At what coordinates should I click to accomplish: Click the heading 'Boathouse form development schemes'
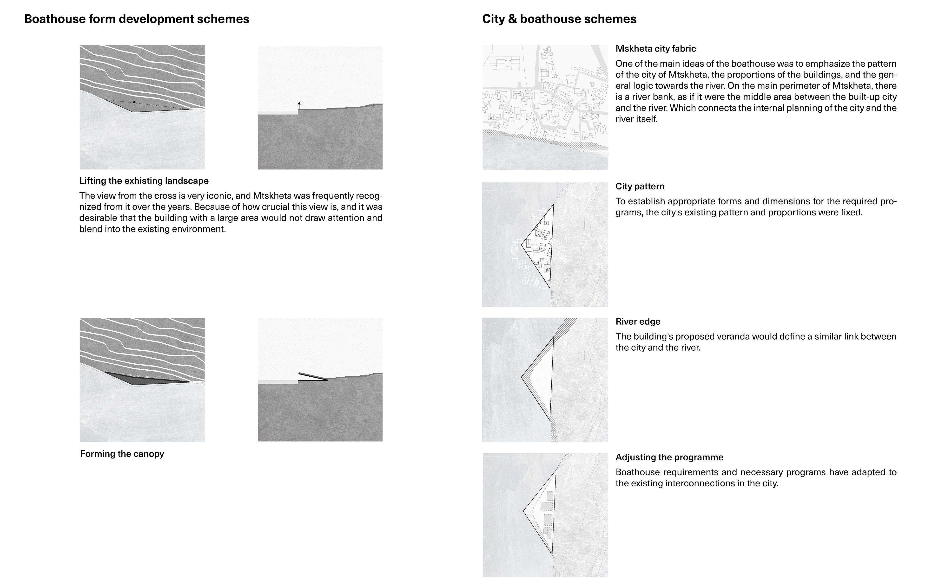pyautogui.click(x=137, y=19)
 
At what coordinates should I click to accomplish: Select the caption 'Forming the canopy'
pyautogui.click(x=122, y=454)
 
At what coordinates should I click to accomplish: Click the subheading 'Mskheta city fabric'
pyautogui.click(x=655, y=49)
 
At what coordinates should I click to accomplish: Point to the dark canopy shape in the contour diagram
pyautogui.click(x=142, y=379)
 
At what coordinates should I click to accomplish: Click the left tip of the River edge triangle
pyautogui.click(x=522, y=377)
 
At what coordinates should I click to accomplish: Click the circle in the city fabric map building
pyautogui.click(x=507, y=63)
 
